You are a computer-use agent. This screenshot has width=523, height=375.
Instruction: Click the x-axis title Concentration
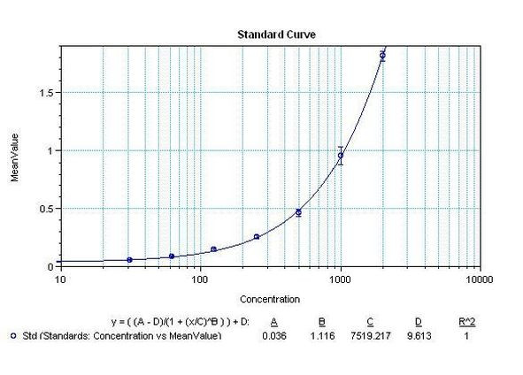[270, 299]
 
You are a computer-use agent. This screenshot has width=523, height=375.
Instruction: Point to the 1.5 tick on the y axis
[47, 93]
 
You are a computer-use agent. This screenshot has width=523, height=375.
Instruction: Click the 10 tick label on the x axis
[60, 279]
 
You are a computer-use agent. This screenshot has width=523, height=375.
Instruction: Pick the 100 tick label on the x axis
[200, 279]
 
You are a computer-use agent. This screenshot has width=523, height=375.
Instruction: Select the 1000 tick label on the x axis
[340, 279]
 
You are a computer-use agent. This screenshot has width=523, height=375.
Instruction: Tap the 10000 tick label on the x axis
[479, 279]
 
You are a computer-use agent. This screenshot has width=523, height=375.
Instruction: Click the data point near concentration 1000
[341, 156]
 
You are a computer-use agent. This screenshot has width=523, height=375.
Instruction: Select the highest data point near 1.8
[382, 56]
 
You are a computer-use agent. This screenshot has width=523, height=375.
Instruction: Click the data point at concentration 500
[298, 212]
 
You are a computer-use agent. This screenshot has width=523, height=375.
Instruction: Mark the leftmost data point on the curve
[130, 260]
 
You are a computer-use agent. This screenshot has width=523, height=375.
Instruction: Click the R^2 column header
[479, 322]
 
